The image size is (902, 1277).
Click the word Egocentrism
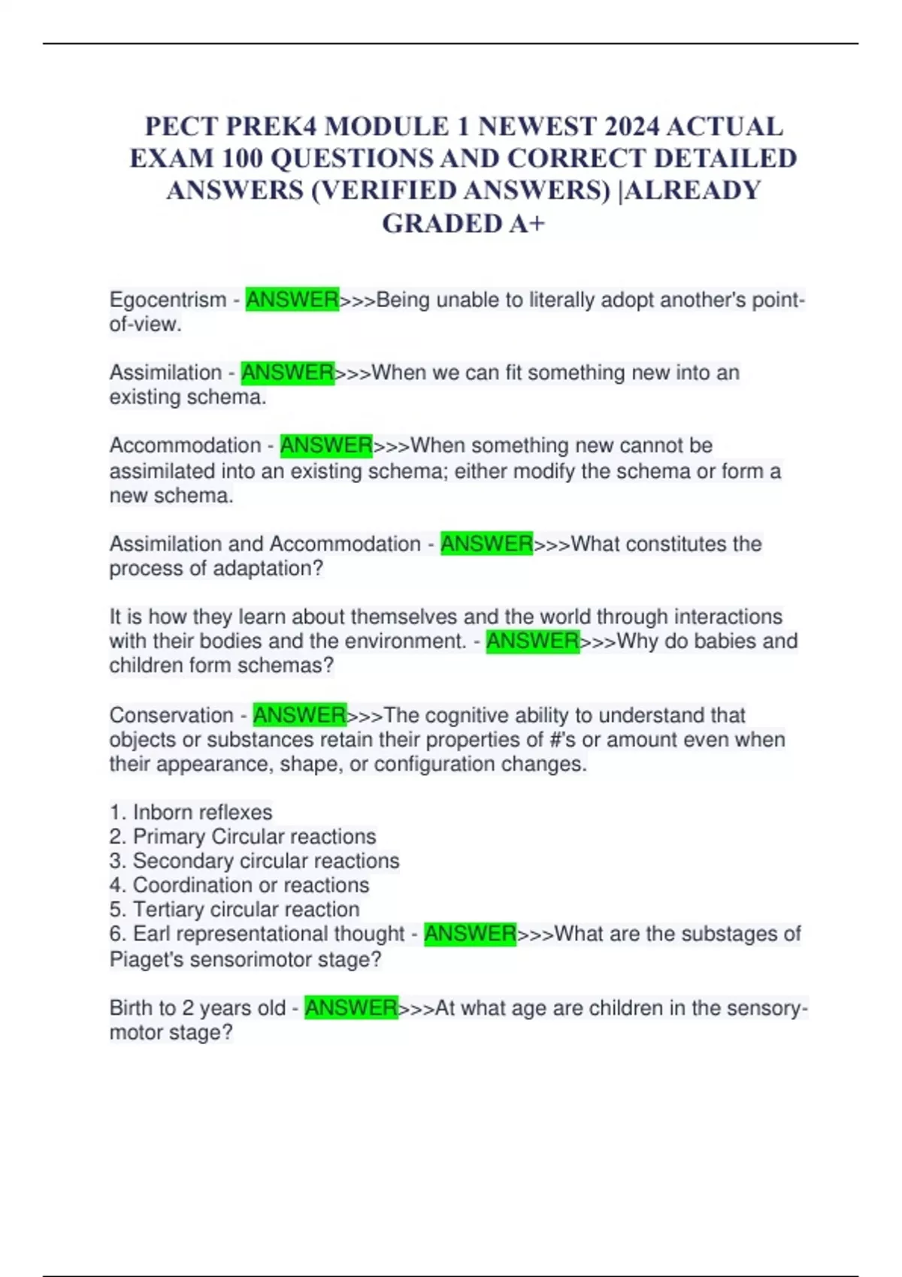[168, 300]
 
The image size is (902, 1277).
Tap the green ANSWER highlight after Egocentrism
[292, 300]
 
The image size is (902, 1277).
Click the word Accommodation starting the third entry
[185, 445]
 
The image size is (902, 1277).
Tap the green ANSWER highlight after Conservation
[299, 714]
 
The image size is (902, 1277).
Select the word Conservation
[171, 715]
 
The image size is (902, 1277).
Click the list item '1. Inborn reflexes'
[191, 812]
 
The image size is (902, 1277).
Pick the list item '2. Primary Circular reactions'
[243, 836]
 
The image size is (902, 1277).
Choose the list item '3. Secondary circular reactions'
[254, 861]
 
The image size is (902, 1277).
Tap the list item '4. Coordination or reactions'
[239, 885]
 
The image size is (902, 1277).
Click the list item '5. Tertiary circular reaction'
[235, 909]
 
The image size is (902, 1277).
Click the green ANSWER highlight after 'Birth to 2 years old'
[350, 1007]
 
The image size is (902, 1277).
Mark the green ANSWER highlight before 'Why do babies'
[532, 642]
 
